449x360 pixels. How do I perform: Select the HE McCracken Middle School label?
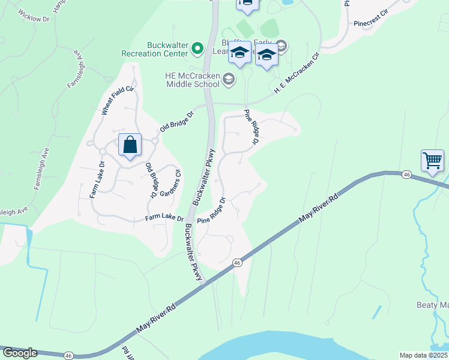(192, 80)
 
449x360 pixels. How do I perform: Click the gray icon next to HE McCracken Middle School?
(228, 79)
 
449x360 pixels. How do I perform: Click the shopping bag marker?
(130, 145)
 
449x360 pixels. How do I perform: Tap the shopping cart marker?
(432, 160)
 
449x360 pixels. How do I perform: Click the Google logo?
(20, 353)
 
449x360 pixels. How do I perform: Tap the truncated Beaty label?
(433, 305)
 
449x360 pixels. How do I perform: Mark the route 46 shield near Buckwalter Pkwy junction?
(238, 263)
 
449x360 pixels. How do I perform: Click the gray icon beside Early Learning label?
(280, 46)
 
